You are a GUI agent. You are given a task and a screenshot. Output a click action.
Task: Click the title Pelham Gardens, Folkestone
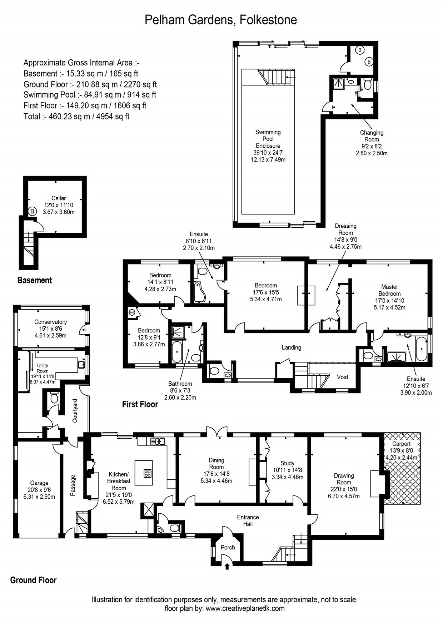(221, 20)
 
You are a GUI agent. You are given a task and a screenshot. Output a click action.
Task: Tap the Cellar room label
(59, 198)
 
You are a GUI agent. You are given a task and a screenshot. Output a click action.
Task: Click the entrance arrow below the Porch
(227, 566)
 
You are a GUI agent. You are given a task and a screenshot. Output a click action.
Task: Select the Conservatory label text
(50, 322)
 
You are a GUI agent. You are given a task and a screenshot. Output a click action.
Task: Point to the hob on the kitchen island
(148, 474)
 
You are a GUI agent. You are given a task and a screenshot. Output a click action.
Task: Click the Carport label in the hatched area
(401, 444)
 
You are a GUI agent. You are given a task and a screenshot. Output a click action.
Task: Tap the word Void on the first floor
(342, 377)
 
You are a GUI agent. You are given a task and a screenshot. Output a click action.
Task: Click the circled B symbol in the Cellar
(33, 211)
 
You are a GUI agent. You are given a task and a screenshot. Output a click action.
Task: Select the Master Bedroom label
(389, 290)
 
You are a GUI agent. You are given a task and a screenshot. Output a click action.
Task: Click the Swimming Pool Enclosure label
(268, 139)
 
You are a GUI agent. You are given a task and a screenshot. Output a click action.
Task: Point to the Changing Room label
(372, 136)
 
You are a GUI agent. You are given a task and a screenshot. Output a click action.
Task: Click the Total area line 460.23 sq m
(76, 117)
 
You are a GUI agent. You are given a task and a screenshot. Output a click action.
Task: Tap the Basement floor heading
(35, 281)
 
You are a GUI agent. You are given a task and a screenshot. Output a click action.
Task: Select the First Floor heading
(140, 404)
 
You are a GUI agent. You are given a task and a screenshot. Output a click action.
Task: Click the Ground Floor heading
(33, 580)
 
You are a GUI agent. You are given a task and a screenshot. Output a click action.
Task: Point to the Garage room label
(39, 483)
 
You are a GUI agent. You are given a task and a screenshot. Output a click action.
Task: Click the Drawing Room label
(344, 479)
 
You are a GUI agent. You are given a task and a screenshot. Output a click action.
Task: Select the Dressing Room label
(345, 229)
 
